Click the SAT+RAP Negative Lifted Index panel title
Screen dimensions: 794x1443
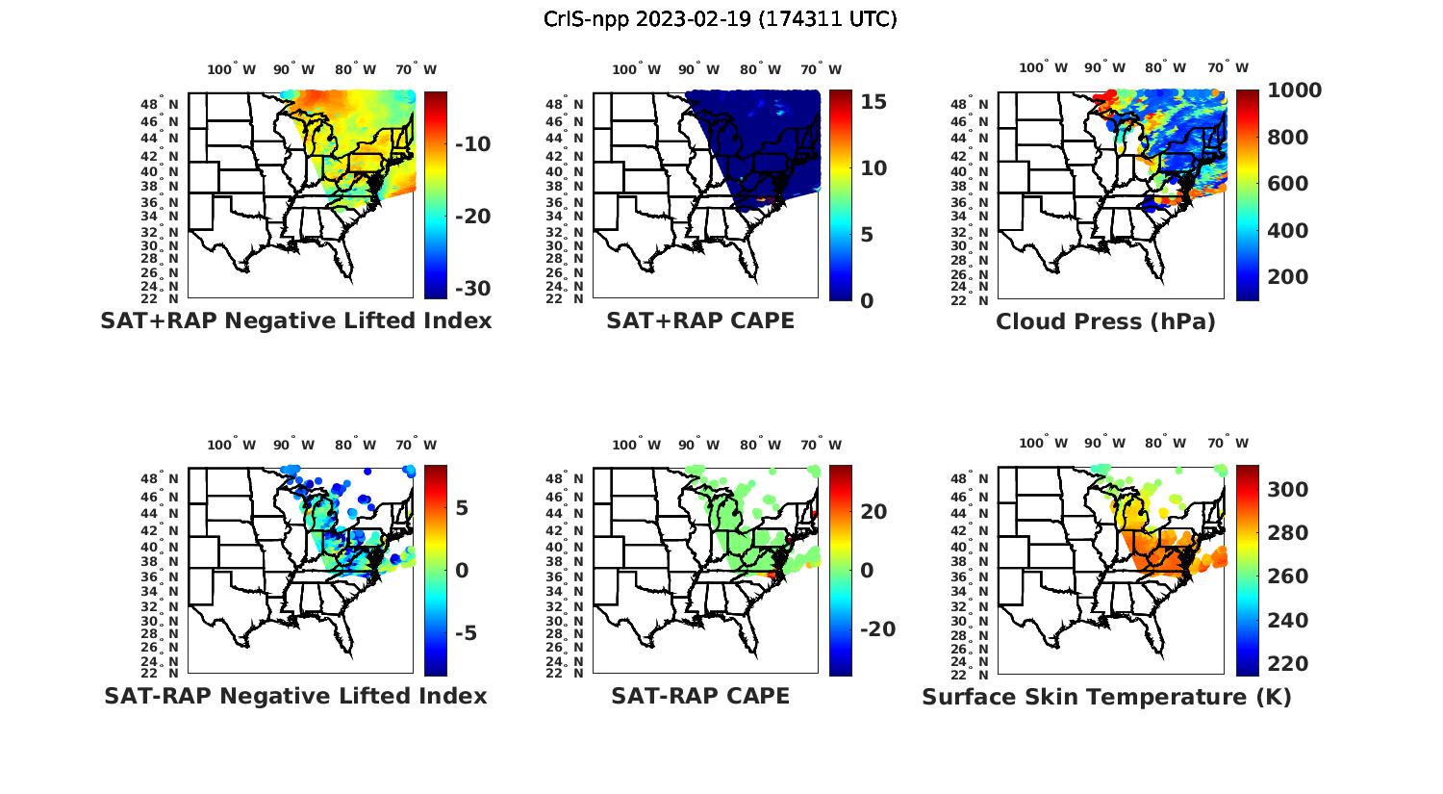(x=295, y=320)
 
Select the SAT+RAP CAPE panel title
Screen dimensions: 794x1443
(x=700, y=320)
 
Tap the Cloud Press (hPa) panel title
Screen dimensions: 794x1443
(x=1105, y=321)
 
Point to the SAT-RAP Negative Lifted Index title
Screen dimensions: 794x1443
(x=295, y=696)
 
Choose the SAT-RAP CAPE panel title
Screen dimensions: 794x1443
(x=700, y=696)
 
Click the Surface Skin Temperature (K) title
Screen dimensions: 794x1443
(x=1106, y=697)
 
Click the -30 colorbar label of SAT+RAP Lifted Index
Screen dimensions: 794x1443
(x=472, y=289)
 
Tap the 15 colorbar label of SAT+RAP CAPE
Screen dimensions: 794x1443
(x=873, y=102)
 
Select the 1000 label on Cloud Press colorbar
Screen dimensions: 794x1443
(x=1294, y=90)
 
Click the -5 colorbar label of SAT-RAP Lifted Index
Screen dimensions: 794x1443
(x=466, y=633)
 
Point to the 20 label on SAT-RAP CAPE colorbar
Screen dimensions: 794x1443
(x=873, y=512)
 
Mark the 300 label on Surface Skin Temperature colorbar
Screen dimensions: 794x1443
(x=1288, y=490)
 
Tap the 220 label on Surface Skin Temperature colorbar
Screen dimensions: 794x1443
(x=1288, y=664)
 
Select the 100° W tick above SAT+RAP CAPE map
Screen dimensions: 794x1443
(x=637, y=69)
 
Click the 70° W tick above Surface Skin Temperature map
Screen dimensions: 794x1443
(x=1228, y=444)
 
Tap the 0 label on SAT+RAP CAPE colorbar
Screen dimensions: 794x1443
(x=867, y=301)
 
